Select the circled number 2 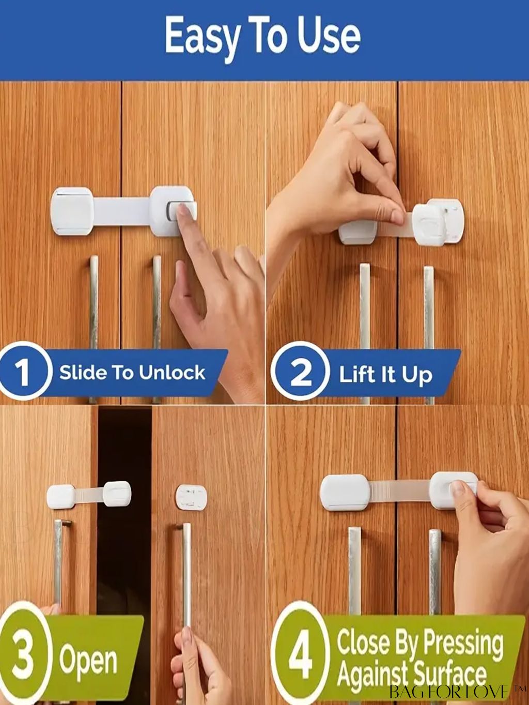pyautogui.click(x=301, y=373)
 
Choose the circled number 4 pyautogui.click(x=301, y=652)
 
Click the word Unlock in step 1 pyautogui.click(x=172, y=373)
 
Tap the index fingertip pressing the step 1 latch pyautogui.click(x=184, y=212)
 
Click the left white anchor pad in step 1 pyautogui.click(x=72, y=211)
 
